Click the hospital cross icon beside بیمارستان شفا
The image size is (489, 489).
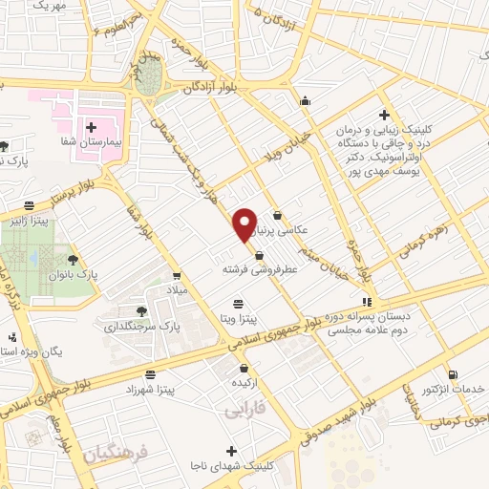tap(93, 127)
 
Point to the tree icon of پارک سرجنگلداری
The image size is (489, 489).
tap(142, 311)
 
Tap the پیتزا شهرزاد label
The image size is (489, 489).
tap(149, 391)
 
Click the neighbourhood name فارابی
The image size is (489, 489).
tap(244, 411)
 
